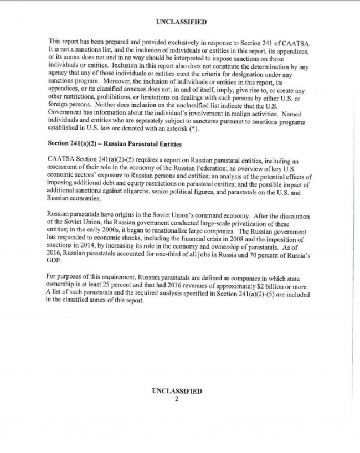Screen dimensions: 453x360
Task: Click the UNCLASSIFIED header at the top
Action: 181,22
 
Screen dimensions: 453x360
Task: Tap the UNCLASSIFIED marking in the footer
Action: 177,390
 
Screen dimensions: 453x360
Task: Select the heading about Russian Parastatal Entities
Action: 115,143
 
